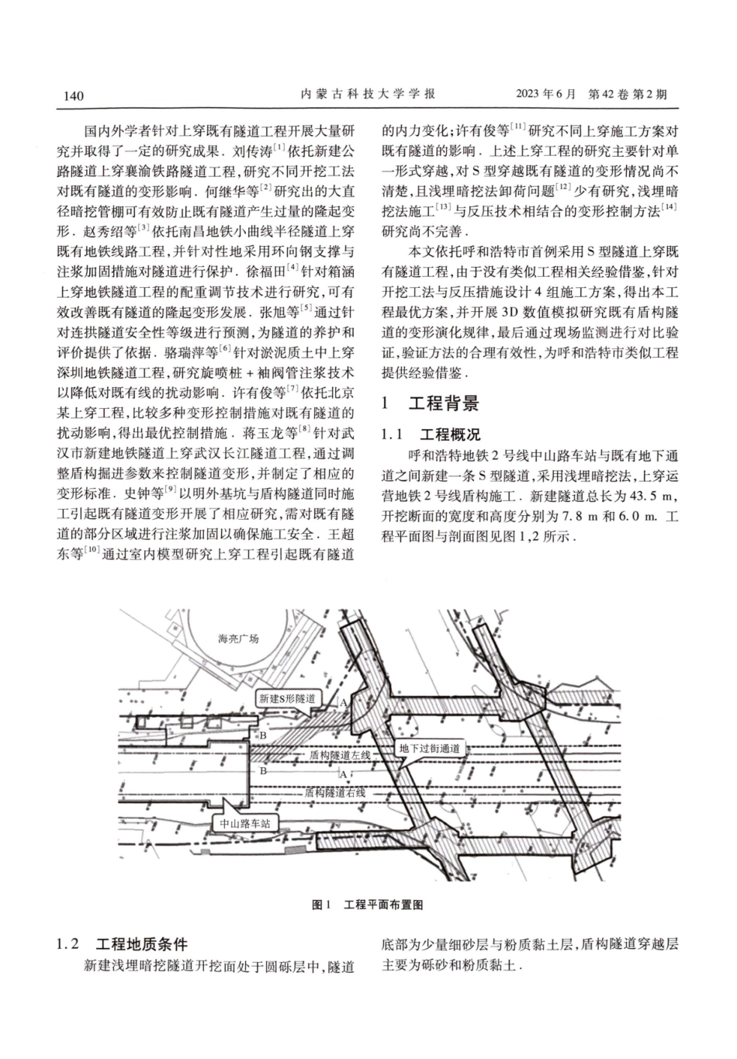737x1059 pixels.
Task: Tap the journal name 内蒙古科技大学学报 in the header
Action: pos(368,95)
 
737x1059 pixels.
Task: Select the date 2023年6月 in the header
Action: pos(545,95)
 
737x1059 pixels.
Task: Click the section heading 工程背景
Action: pos(443,403)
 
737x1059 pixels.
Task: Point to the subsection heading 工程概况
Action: pos(449,434)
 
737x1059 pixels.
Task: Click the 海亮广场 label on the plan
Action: pos(238,639)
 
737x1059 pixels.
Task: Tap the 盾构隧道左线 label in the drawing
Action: pos(340,754)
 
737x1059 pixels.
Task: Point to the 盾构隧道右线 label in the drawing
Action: pos(334,793)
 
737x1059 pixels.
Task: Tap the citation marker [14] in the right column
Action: pos(669,207)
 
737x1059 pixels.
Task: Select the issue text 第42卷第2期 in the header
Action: pos(628,95)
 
